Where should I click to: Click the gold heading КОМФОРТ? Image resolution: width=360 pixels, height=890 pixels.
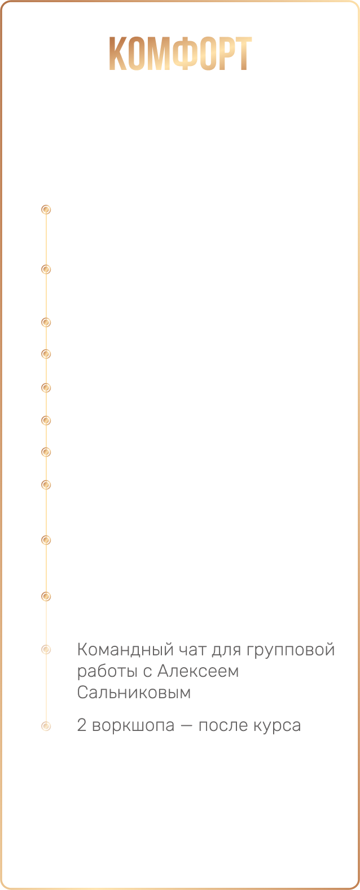click(179, 54)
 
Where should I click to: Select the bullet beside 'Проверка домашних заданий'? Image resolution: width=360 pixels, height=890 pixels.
click(47, 270)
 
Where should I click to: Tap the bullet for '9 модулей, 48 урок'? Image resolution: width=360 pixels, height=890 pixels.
click(47, 355)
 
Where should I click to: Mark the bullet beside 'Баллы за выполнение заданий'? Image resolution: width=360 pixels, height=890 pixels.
click(47, 452)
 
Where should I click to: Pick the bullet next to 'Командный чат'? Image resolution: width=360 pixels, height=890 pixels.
click(47, 650)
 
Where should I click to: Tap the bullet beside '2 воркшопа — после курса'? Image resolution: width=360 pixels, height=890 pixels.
click(47, 725)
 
